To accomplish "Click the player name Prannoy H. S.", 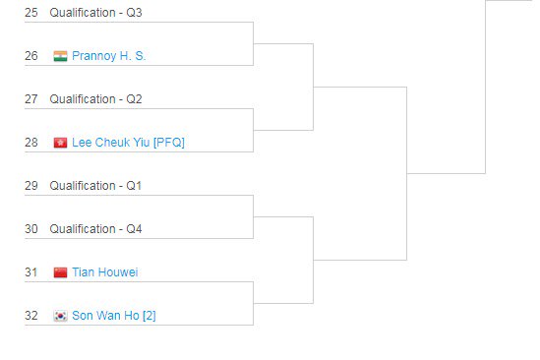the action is click(108, 56).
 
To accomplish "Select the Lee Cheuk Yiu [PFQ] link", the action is click(128, 143).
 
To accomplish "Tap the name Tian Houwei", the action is click(105, 272).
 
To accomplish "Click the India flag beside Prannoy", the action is click(60, 56).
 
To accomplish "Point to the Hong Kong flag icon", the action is click(60, 143).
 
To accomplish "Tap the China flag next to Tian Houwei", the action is click(60, 272).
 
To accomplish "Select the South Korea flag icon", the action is click(60, 316).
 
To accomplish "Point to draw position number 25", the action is click(30, 13).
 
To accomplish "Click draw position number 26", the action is click(30, 56).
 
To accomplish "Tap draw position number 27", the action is click(30, 99).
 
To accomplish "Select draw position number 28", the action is click(30, 143).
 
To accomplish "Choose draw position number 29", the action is click(30, 186).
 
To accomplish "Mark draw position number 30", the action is click(30, 229).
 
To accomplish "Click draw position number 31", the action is click(30, 272).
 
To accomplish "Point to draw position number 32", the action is click(30, 316).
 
